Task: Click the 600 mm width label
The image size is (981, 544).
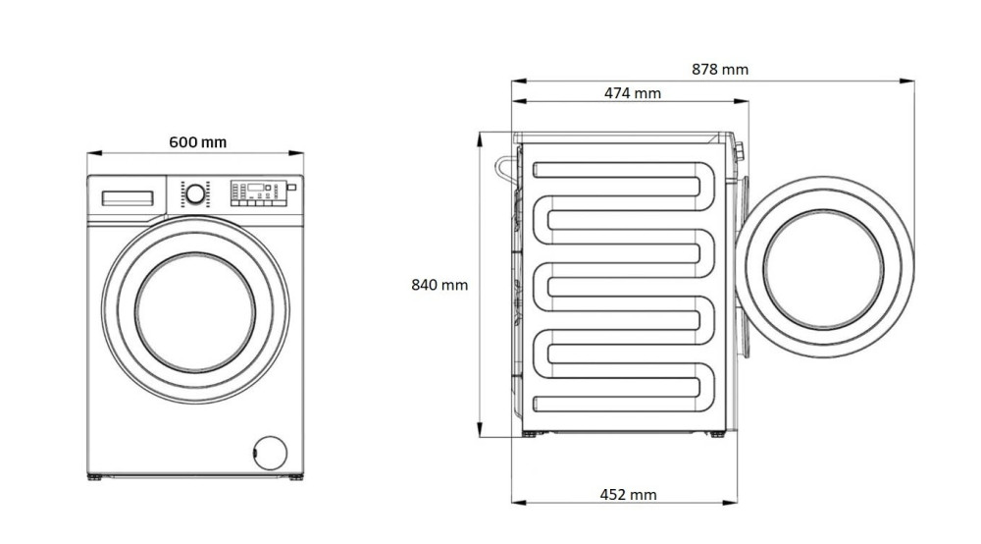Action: point(198,142)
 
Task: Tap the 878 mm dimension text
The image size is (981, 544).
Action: point(719,69)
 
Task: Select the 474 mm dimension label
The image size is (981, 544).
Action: point(632,93)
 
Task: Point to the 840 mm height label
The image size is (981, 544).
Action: point(439,285)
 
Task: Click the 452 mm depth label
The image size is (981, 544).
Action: point(628,495)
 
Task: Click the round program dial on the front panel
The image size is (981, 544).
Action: point(195,194)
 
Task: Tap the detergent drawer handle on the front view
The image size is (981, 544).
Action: point(128,198)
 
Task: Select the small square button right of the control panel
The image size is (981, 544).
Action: point(291,188)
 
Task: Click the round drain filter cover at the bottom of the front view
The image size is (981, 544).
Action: point(271,453)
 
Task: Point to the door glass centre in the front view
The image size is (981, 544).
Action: point(195,311)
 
